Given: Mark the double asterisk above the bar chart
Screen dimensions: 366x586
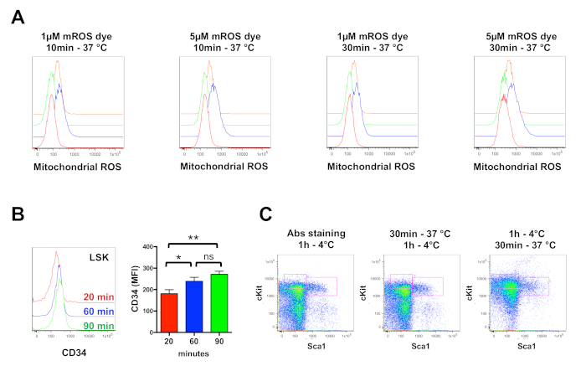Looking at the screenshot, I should (193, 226).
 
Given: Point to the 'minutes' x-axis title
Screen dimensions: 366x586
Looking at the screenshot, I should (193, 342).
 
